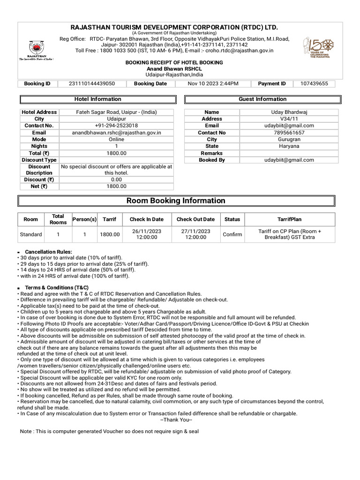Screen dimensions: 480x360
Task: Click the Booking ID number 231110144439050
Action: pos(92,83)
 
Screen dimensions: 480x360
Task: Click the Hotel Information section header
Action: pos(97,99)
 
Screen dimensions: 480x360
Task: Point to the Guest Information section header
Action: pos(262,99)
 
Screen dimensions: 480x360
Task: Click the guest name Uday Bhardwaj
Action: pos(289,112)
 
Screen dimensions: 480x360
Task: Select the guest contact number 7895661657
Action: pos(289,133)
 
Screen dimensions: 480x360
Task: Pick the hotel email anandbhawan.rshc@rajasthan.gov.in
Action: pos(116,133)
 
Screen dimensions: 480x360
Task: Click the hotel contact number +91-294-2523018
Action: pos(116,126)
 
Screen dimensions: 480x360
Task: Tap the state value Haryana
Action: pos(289,146)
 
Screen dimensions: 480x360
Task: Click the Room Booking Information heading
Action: pos(176,201)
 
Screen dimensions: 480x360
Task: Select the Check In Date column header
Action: pos(147,219)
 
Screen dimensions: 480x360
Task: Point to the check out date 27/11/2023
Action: pos(195,232)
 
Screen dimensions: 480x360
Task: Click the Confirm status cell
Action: pos(232,234)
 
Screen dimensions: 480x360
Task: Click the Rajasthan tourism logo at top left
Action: pos(36,48)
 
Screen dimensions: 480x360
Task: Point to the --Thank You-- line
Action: pos(176,420)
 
